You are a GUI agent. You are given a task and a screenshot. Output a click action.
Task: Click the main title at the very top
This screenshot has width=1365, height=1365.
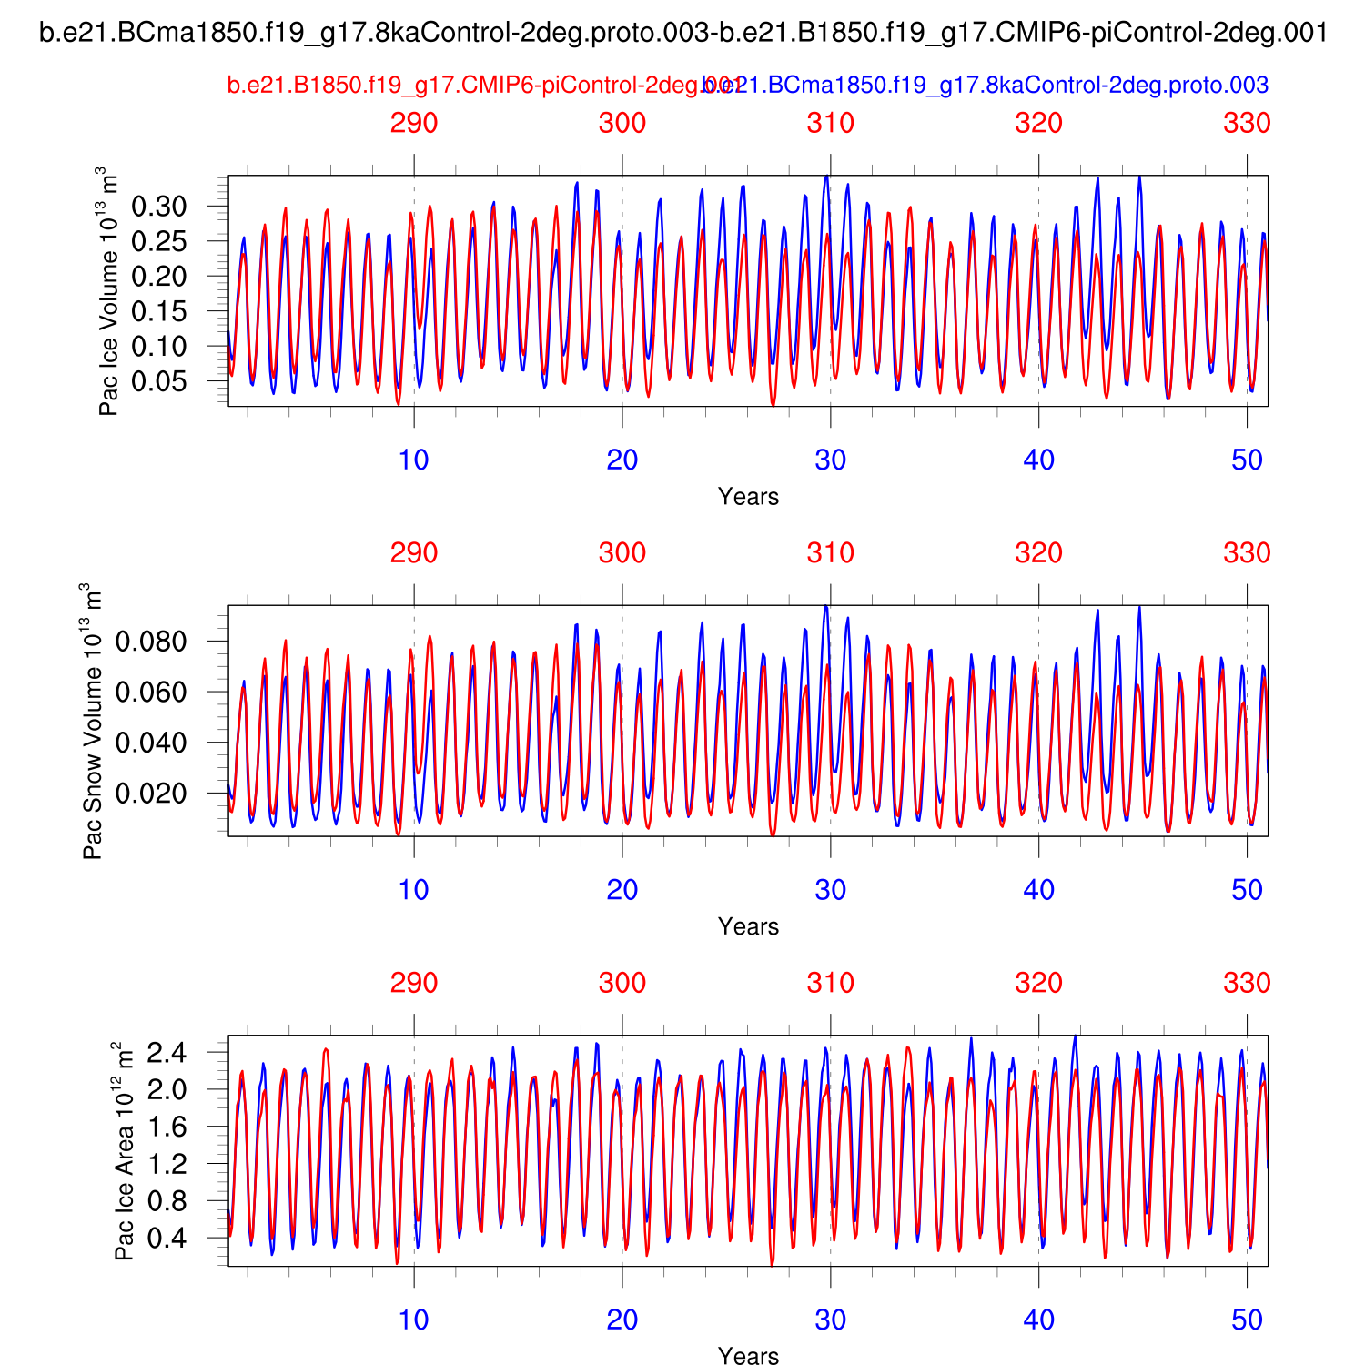click(x=683, y=34)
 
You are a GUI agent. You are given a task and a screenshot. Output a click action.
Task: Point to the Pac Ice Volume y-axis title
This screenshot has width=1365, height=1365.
click(x=108, y=291)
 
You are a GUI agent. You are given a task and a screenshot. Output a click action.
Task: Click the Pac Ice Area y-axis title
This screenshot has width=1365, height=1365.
click(x=125, y=1150)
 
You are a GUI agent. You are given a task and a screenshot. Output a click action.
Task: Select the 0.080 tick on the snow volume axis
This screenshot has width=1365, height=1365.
click(x=151, y=642)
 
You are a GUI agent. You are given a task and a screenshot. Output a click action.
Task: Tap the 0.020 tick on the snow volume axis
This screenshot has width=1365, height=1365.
click(x=151, y=794)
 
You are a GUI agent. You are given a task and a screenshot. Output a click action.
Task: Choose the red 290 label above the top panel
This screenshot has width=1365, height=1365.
click(x=414, y=123)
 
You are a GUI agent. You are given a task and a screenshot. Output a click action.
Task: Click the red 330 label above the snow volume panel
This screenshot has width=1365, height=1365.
click(x=1247, y=553)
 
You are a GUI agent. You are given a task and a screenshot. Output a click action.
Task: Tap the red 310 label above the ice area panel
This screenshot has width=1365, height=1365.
click(x=831, y=983)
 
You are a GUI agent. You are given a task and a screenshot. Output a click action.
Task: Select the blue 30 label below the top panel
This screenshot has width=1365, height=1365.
click(x=831, y=460)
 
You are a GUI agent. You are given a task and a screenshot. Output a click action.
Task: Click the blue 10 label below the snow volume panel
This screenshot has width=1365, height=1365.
click(x=414, y=890)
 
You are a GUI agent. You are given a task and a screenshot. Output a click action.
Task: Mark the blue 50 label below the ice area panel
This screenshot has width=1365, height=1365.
click(x=1247, y=1319)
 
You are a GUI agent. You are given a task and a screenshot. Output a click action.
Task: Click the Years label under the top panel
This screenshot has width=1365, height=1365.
click(x=748, y=497)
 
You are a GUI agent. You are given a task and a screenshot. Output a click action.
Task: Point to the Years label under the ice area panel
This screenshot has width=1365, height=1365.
click(x=748, y=1356)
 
